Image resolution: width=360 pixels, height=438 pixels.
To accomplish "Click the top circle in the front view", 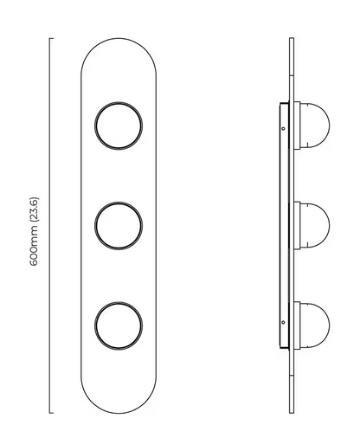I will click(x=119, y=126).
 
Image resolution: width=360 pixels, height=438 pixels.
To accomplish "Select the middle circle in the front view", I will click(x=119, y=226).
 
